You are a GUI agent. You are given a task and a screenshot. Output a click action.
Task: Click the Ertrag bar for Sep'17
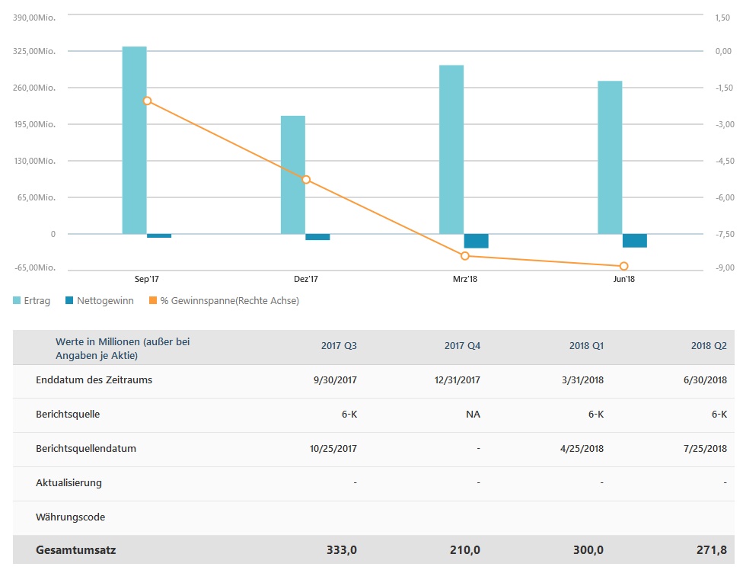(134, 140)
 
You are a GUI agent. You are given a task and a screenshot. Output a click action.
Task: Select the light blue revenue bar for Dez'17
(293, 175)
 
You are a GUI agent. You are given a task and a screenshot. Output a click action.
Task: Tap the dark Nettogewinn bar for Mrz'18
(476, 241)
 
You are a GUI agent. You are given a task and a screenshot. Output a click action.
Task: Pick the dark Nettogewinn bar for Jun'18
(634, 240)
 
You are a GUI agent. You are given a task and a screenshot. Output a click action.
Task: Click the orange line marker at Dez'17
(306, 180)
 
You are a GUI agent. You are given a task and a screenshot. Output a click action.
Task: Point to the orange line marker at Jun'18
(623, 266)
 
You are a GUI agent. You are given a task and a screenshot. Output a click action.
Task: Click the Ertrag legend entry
(32, 301)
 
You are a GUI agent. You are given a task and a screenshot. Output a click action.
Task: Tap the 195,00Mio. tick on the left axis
(37, 124)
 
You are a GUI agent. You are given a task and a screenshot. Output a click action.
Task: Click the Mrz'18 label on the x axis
(464, 280)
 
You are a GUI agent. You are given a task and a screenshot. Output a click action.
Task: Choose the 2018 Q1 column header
(586, 346)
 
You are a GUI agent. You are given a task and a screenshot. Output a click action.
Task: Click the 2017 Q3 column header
(339, 346)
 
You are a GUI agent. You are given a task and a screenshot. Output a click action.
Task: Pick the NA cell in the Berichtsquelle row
(474, 415)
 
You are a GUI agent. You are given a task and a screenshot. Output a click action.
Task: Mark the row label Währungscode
(70, 517)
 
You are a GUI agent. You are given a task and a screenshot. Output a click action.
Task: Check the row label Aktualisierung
(69, 482)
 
